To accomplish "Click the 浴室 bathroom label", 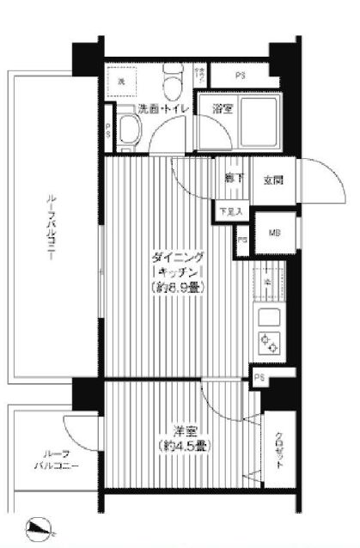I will (225, 108).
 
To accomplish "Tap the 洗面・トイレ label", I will (166, 108).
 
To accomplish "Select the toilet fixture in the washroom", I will (172, 83).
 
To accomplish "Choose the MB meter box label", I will (276, 232).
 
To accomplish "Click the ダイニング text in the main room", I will (178, 255).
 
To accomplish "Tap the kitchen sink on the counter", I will (269, 282).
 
